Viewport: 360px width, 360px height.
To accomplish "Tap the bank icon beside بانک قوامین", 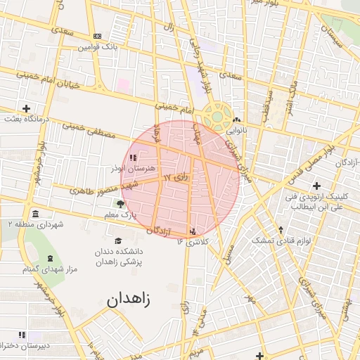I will [x=97, y=36].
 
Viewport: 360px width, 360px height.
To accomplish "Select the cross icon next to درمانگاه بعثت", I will [x=26, y=108].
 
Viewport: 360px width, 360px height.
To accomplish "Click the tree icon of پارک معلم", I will [x=121, y=204].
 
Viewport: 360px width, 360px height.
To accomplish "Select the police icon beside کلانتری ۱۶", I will [x=193, y=231].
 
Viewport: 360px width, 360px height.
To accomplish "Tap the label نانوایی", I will [x=236, y=131].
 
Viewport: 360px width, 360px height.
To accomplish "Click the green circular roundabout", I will [x=217, y=115].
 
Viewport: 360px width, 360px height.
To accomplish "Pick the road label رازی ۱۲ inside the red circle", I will [x=176, y=176].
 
